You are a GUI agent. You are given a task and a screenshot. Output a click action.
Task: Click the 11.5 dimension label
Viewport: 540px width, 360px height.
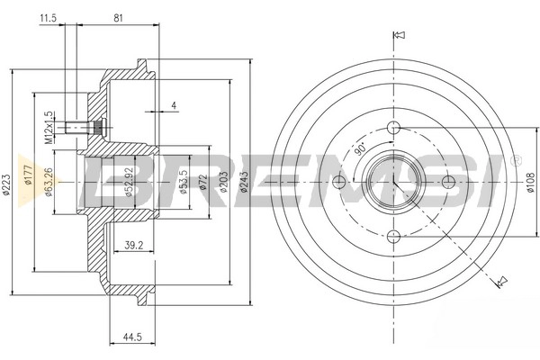[48, 18]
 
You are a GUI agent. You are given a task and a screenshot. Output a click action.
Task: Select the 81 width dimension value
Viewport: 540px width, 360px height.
[118, 18]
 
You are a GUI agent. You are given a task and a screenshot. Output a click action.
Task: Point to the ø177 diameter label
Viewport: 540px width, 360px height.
[29, 175]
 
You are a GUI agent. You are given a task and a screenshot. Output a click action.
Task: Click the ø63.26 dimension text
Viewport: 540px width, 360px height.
[49, 182]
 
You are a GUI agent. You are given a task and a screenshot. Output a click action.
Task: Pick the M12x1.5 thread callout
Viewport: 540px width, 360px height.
[49, 128]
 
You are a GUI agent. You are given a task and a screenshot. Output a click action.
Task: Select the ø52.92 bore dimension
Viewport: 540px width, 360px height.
[129, 182]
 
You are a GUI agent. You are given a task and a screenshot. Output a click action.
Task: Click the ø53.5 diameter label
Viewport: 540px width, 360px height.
[184, 182]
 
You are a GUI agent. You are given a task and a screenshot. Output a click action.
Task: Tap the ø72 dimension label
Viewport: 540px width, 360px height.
[203, 182]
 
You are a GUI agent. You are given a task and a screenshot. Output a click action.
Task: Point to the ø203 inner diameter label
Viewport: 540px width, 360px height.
[223, 182]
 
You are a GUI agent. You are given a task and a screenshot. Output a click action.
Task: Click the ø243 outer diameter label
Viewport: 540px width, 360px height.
[244, 182]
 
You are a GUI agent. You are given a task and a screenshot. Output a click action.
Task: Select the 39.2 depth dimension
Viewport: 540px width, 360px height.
[133, 246]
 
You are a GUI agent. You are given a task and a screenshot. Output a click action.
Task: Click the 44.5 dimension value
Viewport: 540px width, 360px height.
[132, 337]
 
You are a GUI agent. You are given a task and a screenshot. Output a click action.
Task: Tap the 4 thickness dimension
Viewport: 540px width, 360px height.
[174, 105]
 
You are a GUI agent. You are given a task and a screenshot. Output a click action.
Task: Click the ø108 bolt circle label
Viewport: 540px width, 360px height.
[531, 182]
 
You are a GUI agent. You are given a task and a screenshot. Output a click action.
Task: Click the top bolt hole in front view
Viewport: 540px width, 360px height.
[394, 128]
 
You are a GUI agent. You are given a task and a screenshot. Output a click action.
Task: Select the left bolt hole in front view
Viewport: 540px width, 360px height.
[339, 182]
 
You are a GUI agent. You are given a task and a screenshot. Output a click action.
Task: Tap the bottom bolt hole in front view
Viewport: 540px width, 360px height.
[394, 237]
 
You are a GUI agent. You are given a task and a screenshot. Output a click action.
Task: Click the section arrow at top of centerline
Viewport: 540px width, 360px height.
[400, 35]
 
